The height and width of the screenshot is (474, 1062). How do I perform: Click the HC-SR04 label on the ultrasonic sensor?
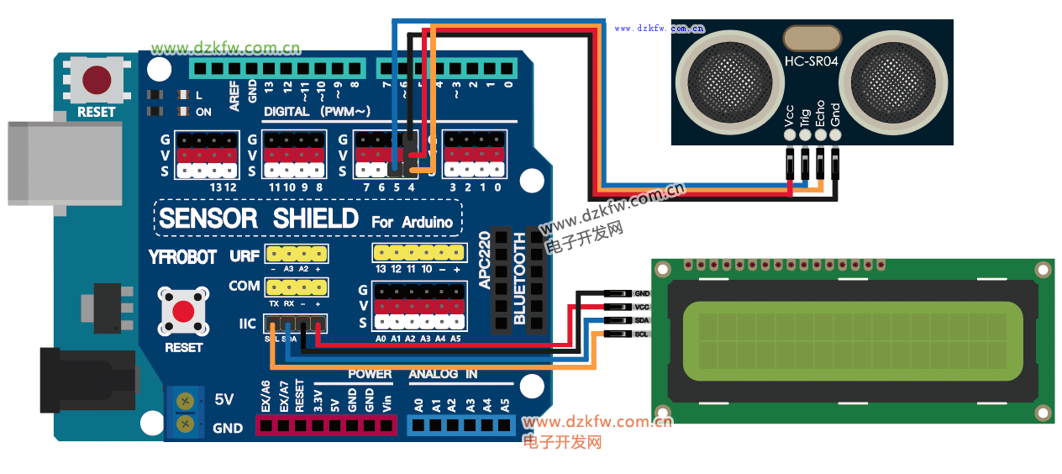(x=810, y=63)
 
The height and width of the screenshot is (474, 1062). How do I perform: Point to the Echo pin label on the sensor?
(x=820, y=115)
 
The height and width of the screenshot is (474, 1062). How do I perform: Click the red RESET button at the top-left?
(x=97, y=80)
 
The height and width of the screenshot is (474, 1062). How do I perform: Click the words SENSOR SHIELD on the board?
(x=259, y=219)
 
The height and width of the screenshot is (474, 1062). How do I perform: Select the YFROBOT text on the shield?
(x=182, y=257)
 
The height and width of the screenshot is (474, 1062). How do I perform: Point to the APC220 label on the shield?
(x=484, y=261)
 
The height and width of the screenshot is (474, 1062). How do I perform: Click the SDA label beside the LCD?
(x=642, y=321)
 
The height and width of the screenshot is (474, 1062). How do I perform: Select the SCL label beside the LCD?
(x=642, y=334)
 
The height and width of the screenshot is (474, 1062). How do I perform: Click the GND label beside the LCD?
(x=642, y=293)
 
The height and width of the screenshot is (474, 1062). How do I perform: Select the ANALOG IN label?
(x=443, y=374)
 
